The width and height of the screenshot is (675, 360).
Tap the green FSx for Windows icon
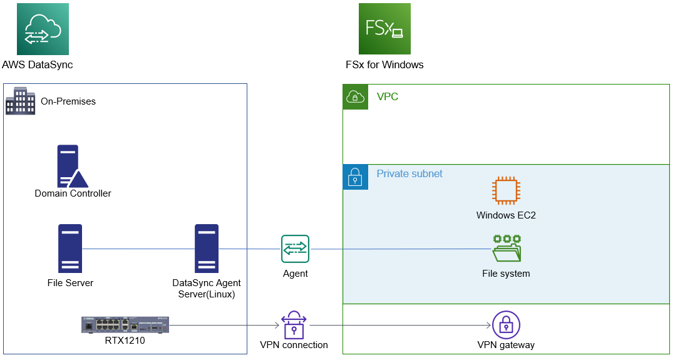(x=384, y=29)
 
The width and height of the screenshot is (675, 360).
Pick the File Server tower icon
(x=70, y=249)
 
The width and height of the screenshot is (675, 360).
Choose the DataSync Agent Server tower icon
(x=207, y=249)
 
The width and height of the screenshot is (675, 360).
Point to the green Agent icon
(x=296, y=249)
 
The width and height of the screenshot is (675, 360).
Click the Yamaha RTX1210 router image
(x=125, y=324)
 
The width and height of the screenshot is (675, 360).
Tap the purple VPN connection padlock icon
(x=294, y=324)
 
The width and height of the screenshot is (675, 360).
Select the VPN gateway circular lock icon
(x=506, y=325)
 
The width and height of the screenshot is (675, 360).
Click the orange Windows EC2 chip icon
(x=506, y=191)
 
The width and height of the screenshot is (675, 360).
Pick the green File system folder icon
(x=507, y=249)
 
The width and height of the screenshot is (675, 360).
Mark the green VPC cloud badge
(x=355, y=97)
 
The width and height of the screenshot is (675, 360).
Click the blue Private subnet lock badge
(x=355, y=177)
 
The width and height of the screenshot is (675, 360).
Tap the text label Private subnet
(x=410, y=173)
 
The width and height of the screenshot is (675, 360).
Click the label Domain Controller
(x=73, y=193)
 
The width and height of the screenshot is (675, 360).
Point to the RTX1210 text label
(x=125, y=341)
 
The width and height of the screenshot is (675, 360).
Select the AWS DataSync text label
(x=38, y=64)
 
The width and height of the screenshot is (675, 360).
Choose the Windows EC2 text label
(x=506, y=215)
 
